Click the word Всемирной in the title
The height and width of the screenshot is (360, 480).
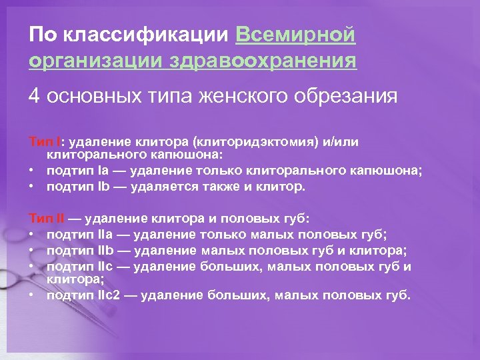[x=295, y=34]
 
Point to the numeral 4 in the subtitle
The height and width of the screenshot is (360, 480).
[x=34, y=97]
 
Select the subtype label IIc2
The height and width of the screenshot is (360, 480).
[x=111, y=295]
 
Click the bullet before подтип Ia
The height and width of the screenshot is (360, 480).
[x=32, y=171]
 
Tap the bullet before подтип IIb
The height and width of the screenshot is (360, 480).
[x=32, y=251]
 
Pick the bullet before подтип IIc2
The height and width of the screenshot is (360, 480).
[x=32, y=295]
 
